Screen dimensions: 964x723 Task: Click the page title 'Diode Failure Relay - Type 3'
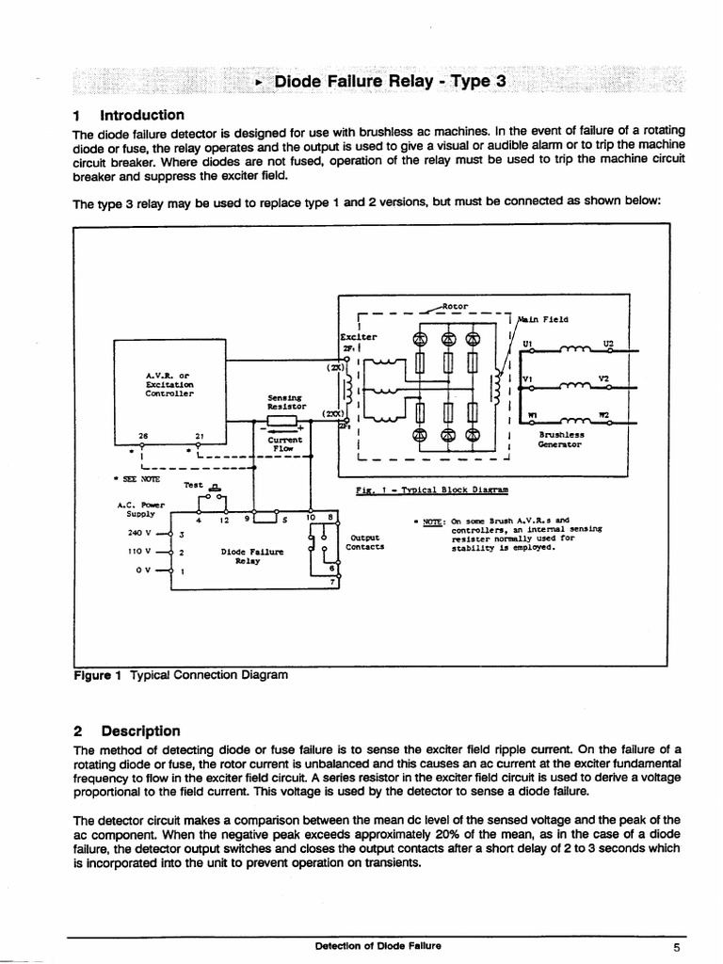pos(390,82)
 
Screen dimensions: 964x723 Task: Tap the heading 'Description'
pos(140,731)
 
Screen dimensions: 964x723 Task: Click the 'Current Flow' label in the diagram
pos(284,444)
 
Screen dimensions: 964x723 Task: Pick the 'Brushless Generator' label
pos(562,440)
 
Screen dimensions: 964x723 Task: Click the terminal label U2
pos(608,345)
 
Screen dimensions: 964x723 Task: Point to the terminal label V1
pos(527,379)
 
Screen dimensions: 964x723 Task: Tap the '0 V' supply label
pos(143,570)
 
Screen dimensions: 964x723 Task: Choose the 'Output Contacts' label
pos(363,542)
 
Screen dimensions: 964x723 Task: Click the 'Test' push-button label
pos(194,485)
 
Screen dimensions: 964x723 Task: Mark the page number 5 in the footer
pos(676,947)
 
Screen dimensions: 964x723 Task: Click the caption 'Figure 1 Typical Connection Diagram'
pos(180,675)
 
